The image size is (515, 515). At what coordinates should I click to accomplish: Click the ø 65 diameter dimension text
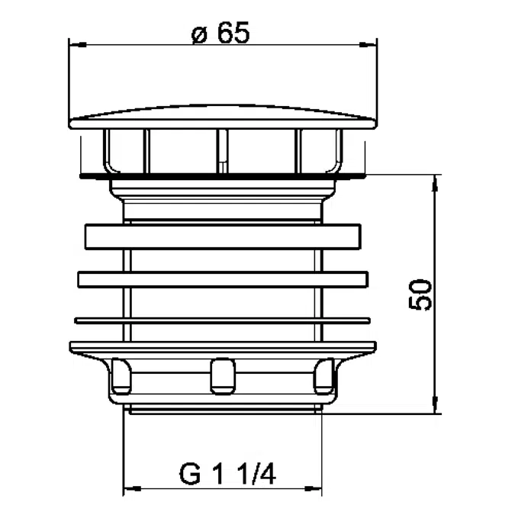220,33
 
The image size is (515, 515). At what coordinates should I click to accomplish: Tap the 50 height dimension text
420,295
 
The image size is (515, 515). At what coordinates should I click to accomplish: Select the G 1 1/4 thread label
227,474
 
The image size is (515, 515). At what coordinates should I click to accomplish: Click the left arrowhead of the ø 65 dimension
78,45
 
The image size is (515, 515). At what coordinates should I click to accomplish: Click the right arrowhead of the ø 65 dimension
369,45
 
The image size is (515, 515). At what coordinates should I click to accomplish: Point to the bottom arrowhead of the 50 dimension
436,405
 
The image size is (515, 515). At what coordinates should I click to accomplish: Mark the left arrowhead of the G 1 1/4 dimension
132,489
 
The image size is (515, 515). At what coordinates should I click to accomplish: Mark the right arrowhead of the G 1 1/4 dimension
313,489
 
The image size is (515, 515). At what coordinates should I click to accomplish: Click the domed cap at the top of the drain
223,117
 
